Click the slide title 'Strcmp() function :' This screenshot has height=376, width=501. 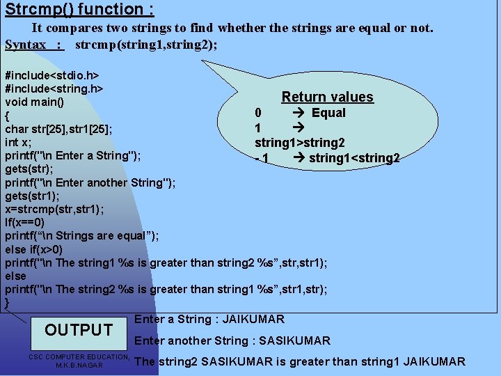coord(79,10)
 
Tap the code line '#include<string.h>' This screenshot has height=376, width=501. coord(54,88)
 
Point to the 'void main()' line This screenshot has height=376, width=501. coord(35,102)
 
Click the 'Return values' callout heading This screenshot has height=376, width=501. coord(327,97)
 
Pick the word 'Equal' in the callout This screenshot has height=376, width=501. coord(328,113)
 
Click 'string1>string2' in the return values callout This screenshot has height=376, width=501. coord(299,143)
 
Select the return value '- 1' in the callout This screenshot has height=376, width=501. coord(262,159)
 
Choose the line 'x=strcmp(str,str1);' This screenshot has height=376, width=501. coord(55,209)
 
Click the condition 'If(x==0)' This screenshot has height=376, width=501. coord(25,222)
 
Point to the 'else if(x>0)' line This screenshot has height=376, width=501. coord(34,249)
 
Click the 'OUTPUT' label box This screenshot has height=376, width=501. coord(79,330)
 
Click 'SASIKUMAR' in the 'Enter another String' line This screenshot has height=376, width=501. coord(292,341)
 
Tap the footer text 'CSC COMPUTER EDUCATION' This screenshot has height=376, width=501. coord(79,357)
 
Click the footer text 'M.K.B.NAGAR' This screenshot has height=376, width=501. coord(79,365)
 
